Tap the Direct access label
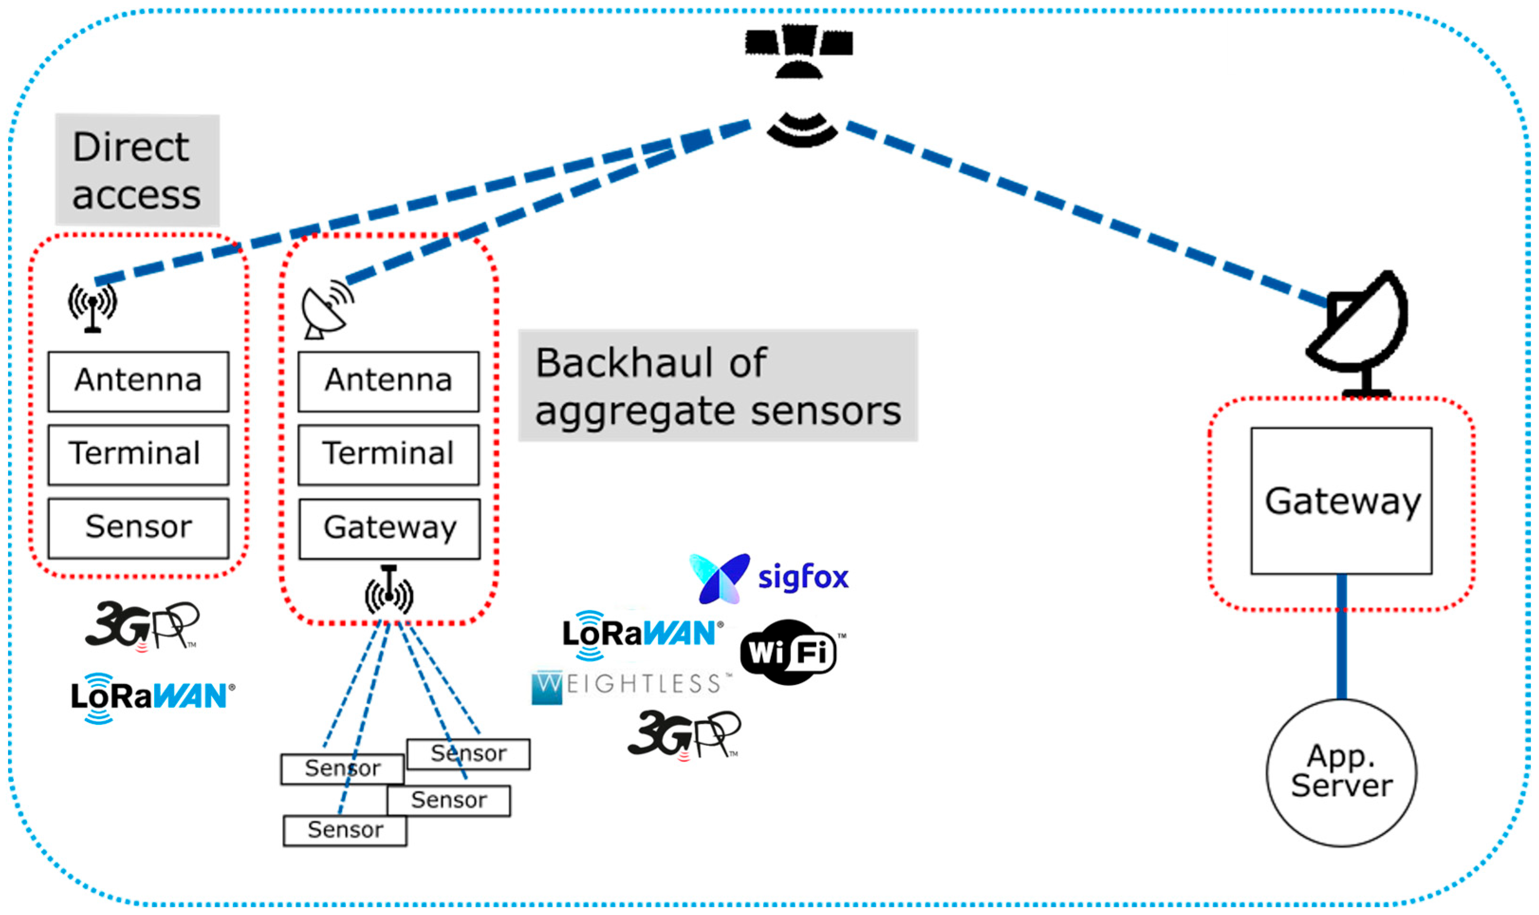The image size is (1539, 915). (137, 170)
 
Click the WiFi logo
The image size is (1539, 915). (790, 652)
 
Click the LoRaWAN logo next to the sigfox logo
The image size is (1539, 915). (642, 634)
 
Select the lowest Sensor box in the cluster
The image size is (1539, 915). (344, 830)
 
